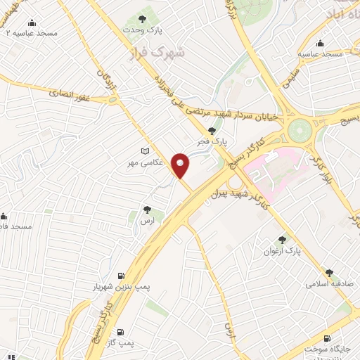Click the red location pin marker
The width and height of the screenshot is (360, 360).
click(181, 165)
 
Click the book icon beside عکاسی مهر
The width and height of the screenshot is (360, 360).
click(146, 151)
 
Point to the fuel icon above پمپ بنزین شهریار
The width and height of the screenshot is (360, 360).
click(123, 275)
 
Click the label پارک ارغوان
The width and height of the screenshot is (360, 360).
click(282, 250)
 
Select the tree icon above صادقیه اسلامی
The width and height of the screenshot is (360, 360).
click(329, 272)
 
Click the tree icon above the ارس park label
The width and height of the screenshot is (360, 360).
click(147, 210)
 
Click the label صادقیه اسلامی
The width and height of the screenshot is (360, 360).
click(328, 285)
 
